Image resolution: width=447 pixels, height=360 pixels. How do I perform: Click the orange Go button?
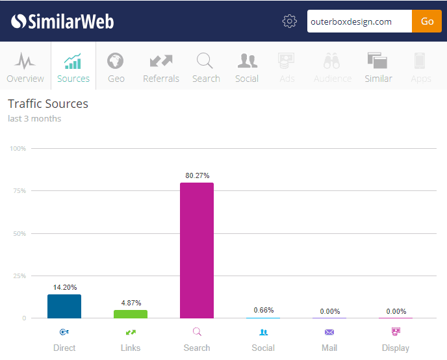click(x=427, y=21)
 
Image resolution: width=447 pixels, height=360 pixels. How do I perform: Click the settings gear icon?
click(x=290, y=21)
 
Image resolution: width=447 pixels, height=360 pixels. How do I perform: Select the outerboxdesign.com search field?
click(x=359, y=21)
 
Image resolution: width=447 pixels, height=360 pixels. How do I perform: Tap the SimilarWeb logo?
click(x=62, y=21)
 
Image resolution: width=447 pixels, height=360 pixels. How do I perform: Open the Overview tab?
click(x=25, y=67)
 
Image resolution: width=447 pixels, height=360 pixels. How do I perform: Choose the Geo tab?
click(x=116, y=67)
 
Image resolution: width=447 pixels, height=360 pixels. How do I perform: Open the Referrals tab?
click(x=161, y=67)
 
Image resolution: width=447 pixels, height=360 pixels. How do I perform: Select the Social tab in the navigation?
click(x=247, y=67)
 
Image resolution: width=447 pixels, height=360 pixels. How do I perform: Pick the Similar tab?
click(x=378, y=67)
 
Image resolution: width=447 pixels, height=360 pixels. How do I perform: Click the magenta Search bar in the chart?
click(x=197, y=250)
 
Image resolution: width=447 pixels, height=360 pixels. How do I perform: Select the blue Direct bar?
click(x=64, y=306)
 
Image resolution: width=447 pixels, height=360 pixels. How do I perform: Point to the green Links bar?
click(x=131, y=314)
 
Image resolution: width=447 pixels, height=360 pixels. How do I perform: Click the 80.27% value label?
click(x=197, y=175)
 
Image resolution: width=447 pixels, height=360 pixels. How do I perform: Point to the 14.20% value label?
click(x=64, y=287)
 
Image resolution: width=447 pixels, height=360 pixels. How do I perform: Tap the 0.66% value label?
click(x=263, y=310)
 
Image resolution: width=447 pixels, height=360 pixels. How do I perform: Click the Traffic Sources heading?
click(x=48, y=104)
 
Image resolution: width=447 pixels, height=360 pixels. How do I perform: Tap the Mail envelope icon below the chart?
click(x=329, y=332)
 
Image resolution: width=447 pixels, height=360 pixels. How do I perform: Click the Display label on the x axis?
click(x=395, y=348)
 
